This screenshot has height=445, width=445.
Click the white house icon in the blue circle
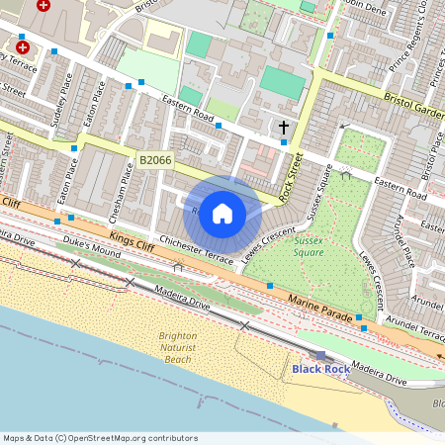click(222, 214)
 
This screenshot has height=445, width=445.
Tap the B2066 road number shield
click(155, 160)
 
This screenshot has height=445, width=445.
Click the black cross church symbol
click(284, 128)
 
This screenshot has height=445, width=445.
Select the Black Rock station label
click(319, 369)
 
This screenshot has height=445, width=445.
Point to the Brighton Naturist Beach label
click(177, 348)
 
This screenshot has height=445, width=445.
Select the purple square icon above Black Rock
click(319, 354)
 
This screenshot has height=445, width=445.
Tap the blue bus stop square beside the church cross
click(284, 142)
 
